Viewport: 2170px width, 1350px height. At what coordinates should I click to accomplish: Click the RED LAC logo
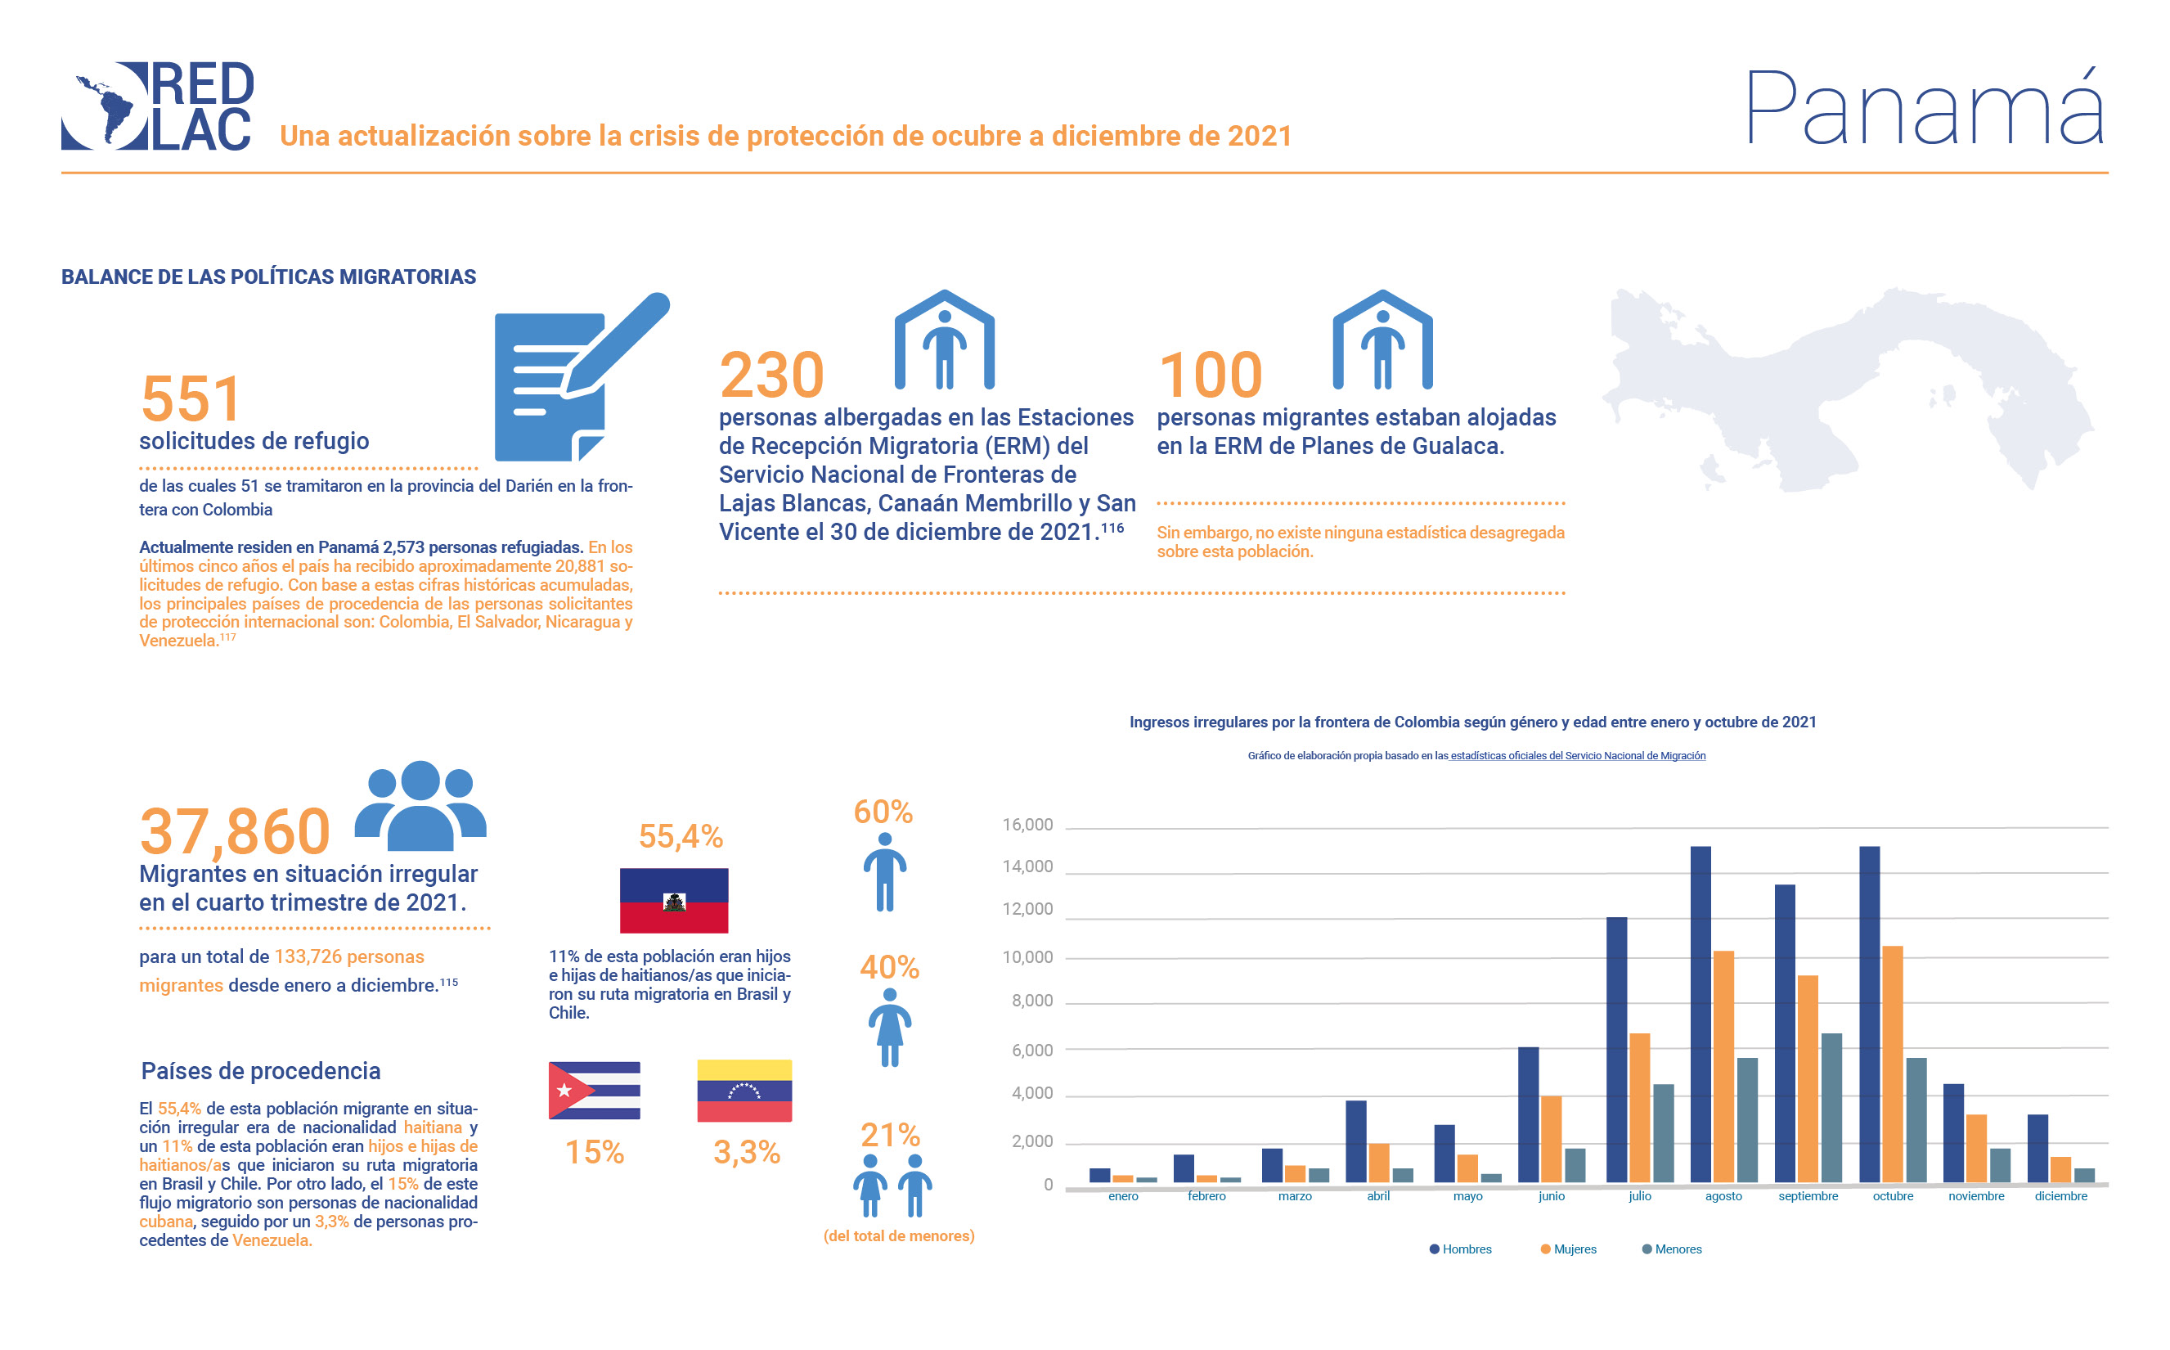pos(157,106)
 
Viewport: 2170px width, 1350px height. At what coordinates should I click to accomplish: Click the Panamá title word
pos(1924,109)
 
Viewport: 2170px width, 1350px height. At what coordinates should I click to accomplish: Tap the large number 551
pos(191,398)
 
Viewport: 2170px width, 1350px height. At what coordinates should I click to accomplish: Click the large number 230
pos(771,375)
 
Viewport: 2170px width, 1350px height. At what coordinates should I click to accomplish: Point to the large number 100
pos(1210,375)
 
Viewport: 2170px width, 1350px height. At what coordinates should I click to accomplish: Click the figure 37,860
pos(235,831)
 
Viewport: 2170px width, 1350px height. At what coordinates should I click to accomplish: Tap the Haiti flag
pos(674,900)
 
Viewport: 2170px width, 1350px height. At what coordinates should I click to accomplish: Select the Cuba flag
pos(595,1090)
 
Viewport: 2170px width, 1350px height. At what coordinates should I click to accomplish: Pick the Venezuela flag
pos(744,1090)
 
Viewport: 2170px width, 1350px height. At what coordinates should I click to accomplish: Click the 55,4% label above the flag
pos(681,837)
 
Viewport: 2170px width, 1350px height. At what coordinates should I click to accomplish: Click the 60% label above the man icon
pos(883,812)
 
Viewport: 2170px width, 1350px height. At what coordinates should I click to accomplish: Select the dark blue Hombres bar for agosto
pos(1701,1014)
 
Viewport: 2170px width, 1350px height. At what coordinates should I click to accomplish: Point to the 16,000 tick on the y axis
pos(1027,825)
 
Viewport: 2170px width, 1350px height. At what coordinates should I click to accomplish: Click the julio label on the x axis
pos(1639,1196)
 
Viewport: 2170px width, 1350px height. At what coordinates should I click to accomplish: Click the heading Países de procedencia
pos(261,1070)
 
